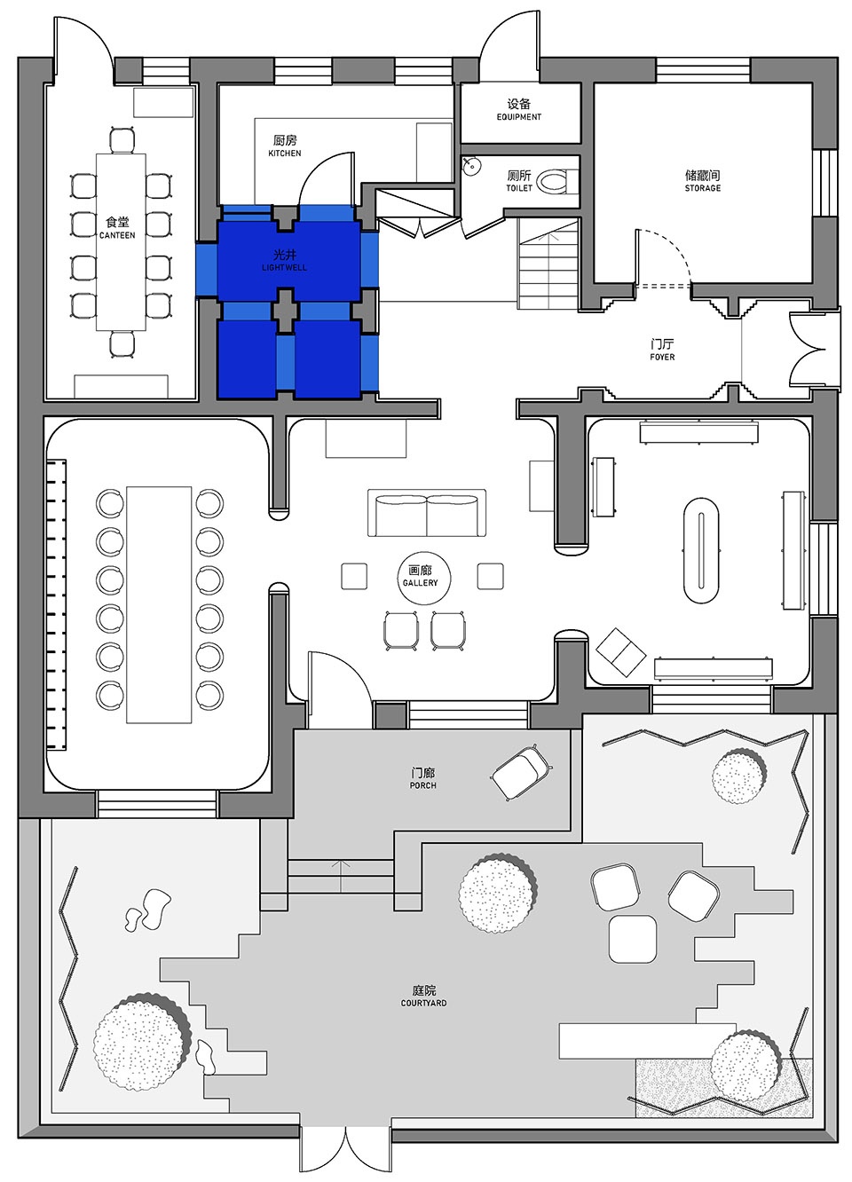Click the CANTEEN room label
pyautogui.click(x=117, y=235)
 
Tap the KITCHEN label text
pyautogui.click(x=285, y=153)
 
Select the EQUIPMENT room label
pyautogui.click(x=519, y=116)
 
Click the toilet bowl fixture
pyautogui.click(x=555, y=181)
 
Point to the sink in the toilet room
pyautogui.click(x=471, y=166)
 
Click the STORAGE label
pyautogui.click(x=703, y=188)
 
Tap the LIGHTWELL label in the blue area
pyautogui.click(x=285, y=267)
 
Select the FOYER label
pyautogui.click(x=662, y=357)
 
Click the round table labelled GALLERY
pyautogui.click(x=424, y=578)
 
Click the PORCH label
pyautogui.click(x=422, y=785)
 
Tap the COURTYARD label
pyautogui.click(x=423, y=1003)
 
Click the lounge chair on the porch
pyautogui.click(x=522, y=772)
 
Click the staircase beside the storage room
pyautogui.click(x=548, y=264)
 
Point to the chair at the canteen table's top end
pyautogui.click(x=122, y=139)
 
